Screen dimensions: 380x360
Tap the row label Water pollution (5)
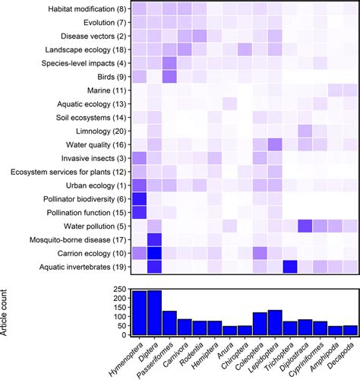coord(90,226)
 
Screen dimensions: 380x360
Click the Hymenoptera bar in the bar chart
coord(139,313)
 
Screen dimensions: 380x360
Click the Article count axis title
coord(9,312)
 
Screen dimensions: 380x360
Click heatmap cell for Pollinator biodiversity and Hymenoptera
coord(139,198)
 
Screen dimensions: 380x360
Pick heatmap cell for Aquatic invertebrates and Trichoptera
coord(290,266)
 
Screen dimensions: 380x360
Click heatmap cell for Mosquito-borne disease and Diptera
coord(154,239)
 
